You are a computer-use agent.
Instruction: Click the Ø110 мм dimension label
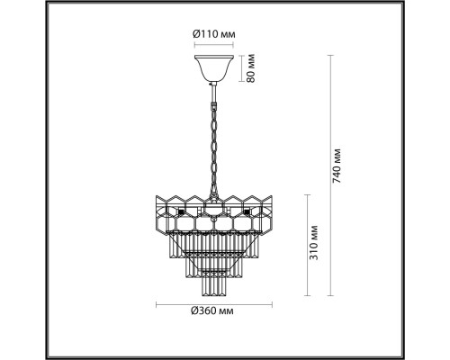tap(213, 34)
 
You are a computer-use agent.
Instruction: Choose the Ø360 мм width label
tap(214, 310)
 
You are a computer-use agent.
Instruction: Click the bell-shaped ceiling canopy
tap(212, 68)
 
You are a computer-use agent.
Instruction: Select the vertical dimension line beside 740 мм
tap(328, 175)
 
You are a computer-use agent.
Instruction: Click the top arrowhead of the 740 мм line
tap(328, 57)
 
